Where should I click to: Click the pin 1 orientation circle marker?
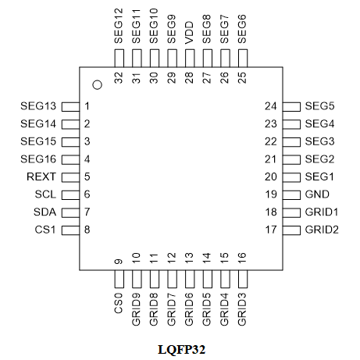(x=98, y=85)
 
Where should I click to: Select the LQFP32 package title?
(x=181, y=349)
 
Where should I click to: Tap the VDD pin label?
(x=189, y=33)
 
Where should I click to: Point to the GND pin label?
(x=317, y=194)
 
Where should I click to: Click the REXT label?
(x=41, y=176)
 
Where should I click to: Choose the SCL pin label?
(x=45, y=194)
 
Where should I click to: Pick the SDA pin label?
(x=45, y=212)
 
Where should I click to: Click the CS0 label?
(x=119, y=303)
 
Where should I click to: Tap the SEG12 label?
(x=119, y=26)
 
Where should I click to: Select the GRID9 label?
(x=136, y=309)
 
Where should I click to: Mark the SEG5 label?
(x=319, y=106)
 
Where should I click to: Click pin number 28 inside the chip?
(x=189, y=78)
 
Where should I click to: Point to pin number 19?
(x=271, y=194)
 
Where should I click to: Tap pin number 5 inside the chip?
(x=87, y=176)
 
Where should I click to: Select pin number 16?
(x=242, y=258)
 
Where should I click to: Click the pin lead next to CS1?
(x=70, y=230)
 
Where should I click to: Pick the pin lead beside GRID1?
(x=291, y=212)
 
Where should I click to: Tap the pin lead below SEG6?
(x=243, y=59)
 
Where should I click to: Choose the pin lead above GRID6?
(x=190, y=279)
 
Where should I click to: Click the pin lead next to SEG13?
(x=70, y=107)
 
